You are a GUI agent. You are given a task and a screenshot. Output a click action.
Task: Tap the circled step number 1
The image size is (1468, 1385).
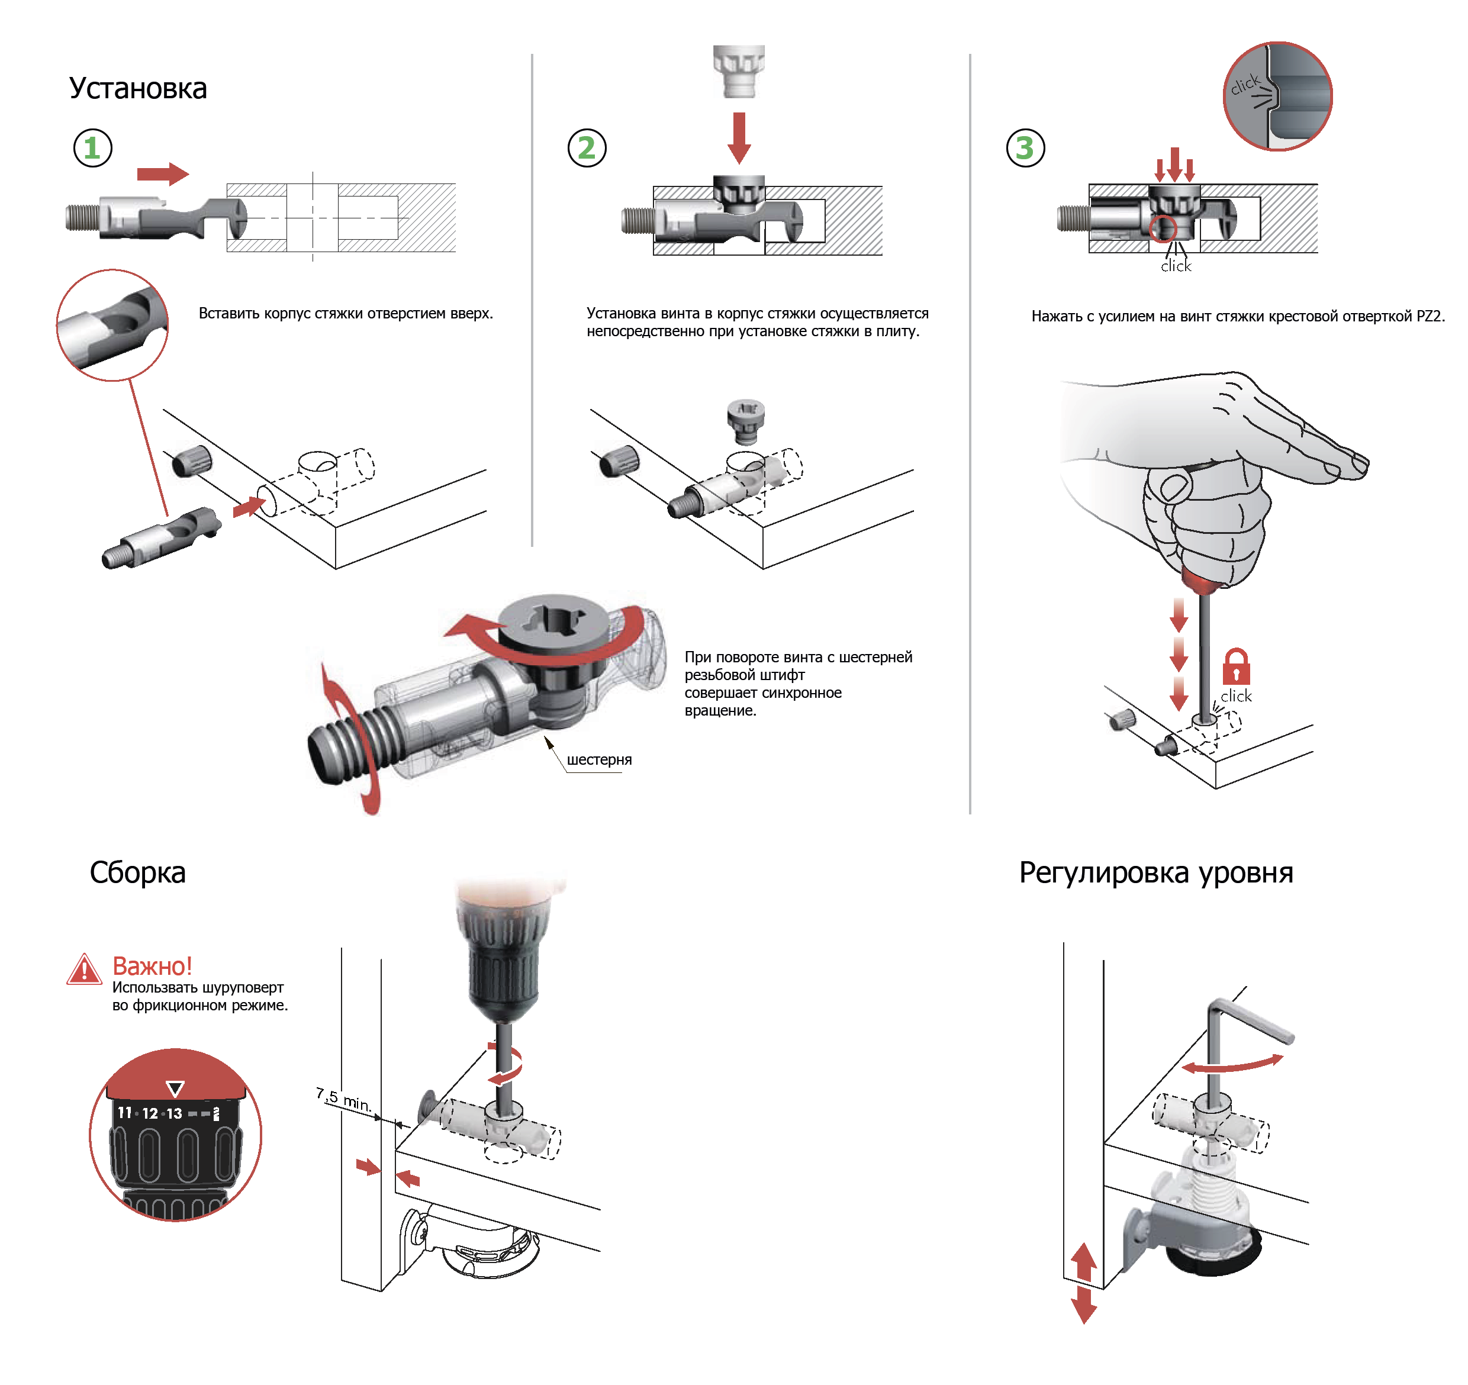point(92,149)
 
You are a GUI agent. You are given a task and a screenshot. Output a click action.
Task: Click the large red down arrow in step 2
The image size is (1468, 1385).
point(738,137)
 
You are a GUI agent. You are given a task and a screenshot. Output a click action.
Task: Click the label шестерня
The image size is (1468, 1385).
point(599,760)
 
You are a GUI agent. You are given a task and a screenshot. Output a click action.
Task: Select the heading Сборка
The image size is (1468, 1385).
point(137,872)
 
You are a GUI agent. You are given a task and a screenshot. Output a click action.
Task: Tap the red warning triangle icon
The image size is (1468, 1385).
point(84,969)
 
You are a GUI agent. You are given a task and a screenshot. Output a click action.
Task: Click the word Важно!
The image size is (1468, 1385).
point(152,966)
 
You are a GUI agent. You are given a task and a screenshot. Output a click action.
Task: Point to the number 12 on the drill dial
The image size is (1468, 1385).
point(150,1113)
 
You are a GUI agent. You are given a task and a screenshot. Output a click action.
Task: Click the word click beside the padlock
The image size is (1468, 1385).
point(1235,696)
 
